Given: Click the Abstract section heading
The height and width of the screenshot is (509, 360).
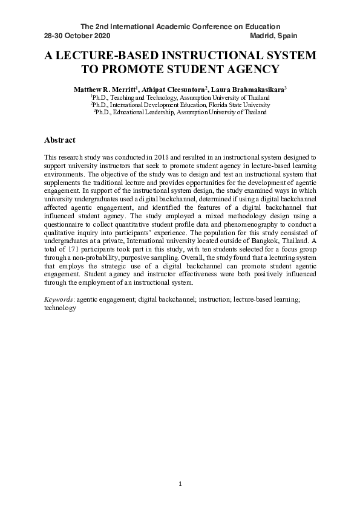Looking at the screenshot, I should coord(60,140).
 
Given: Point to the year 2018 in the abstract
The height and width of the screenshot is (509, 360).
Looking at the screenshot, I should coord(164,157).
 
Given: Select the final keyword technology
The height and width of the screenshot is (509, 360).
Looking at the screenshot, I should coord(60,308).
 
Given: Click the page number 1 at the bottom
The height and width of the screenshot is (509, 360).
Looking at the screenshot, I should coord(180,484).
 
